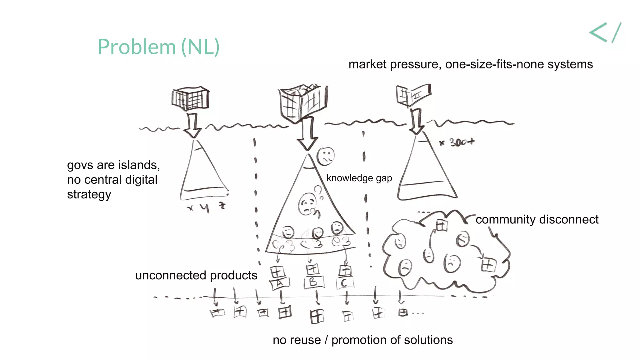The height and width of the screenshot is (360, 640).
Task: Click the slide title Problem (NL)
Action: [158, 47]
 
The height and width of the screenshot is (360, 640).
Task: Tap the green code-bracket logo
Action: [605, 32]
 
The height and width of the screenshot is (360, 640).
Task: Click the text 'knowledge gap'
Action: [359, 178]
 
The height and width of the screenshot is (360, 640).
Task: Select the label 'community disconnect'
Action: [537, 219]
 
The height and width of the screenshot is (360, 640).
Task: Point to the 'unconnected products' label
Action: [196, 275]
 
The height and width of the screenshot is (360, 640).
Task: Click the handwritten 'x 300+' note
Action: [457, 142]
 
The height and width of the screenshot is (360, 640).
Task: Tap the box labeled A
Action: [279, 283]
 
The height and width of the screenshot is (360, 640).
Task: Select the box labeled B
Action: [313, 282]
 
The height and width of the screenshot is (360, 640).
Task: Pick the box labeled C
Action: [345, 283]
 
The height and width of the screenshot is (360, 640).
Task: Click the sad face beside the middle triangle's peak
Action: [326, 156]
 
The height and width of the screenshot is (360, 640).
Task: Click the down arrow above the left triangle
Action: [193, 126]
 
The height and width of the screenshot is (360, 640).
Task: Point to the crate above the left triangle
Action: [190, 99]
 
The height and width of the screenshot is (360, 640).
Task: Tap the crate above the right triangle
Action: [413, 95]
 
